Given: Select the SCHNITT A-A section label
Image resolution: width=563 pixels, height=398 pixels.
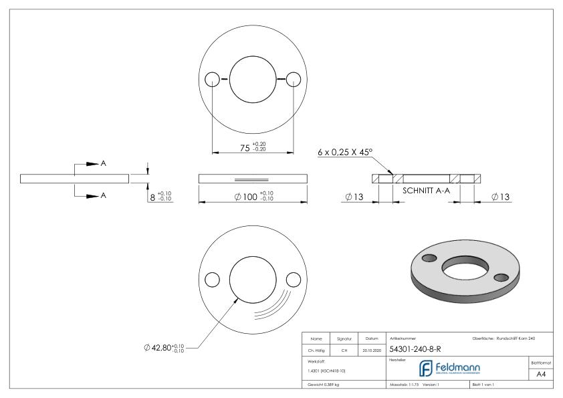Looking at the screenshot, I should point(427,190).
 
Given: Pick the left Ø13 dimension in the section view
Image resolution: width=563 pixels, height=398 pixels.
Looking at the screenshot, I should point(355,197).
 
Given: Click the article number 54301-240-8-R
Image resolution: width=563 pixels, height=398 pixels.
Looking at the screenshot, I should point(415,349).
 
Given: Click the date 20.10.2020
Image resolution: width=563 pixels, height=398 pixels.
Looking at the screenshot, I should point(371,349).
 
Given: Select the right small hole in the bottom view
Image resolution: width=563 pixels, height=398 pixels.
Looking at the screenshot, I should point(292,279).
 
